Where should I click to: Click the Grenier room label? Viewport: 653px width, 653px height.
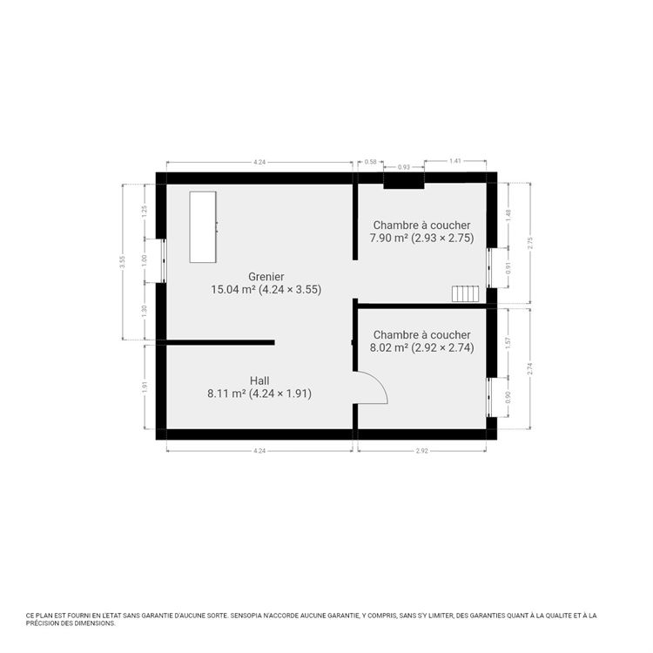click(266, 277)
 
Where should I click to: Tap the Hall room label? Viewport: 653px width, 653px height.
click(259, 380)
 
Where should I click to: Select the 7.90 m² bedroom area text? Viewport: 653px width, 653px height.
click(421, 238)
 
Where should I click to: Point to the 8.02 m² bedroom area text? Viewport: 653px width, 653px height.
click(422, 347)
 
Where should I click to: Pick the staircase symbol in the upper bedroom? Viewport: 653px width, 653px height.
click(466, 293)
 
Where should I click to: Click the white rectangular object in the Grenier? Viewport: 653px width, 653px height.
click(203, 226)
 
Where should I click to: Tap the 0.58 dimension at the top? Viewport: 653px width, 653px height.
click(371, 162)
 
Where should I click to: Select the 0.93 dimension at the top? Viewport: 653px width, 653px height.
click(404, 166)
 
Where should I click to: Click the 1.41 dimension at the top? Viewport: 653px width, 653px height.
click(455, 162)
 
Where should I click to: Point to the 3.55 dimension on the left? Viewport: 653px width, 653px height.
click(124, 263)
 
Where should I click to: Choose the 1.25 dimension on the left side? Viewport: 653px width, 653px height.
click(145, 210)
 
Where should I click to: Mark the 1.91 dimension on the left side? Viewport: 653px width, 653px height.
click(145, 387)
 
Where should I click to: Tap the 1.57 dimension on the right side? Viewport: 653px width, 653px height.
click(508, 343)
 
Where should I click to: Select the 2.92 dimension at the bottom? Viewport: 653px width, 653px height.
click(422, 451)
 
